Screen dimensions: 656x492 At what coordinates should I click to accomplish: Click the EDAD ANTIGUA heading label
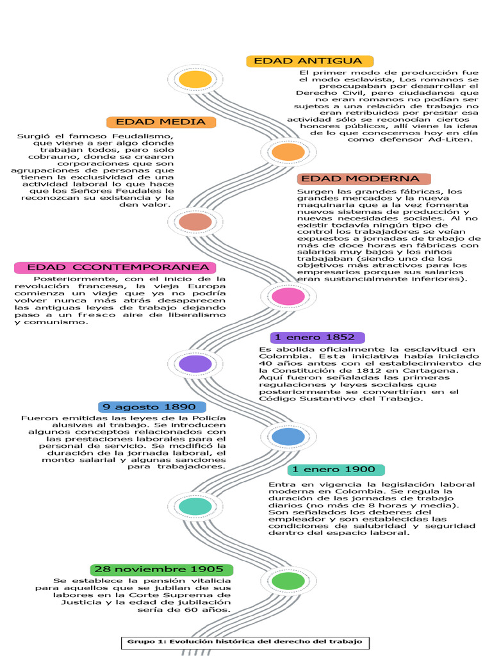300,61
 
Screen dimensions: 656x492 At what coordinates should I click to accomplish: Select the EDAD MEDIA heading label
161,122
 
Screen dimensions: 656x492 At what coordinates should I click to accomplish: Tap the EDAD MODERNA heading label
363,179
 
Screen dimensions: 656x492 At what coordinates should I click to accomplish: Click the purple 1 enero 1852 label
318,337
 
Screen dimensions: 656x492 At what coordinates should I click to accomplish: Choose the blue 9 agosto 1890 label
152,407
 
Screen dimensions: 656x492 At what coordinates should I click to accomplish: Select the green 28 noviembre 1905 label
162,569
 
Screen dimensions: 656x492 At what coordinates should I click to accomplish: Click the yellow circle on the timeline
195,79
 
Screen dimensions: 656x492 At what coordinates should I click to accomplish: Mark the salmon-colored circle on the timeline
195,222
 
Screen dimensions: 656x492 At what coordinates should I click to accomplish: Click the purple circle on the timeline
195,364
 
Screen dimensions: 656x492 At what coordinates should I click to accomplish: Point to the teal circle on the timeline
195,506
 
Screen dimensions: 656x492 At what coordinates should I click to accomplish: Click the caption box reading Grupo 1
245,641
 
